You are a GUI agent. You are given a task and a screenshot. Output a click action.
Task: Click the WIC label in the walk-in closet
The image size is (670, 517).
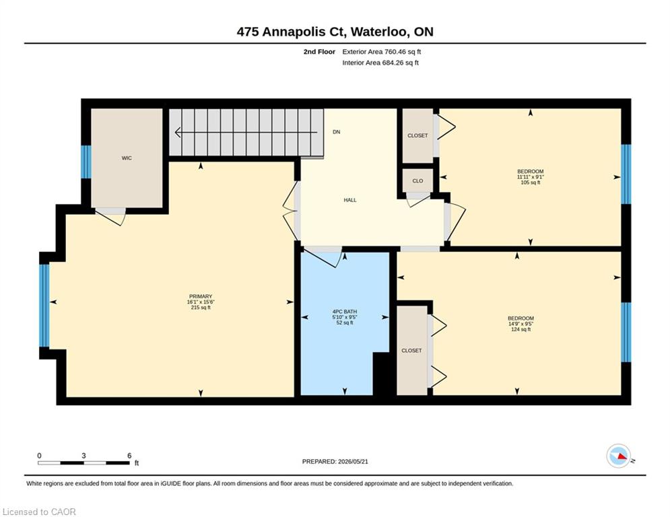click(x=127, y=158)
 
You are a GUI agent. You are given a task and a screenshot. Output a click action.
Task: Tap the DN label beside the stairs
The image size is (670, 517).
click(x=336, y=132)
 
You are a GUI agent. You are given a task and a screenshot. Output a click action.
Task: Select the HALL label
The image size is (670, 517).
click(x=350, y=200)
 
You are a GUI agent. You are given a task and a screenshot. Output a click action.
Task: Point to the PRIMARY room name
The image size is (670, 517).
click(x=201, y=296)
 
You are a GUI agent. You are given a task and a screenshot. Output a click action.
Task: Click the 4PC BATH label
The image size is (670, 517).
click(x=344, y=312)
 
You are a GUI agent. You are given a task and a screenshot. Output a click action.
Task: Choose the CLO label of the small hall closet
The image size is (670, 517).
click(x=417, y=180)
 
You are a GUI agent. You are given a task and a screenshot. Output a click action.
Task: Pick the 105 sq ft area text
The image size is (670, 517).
click(x=530, y=182)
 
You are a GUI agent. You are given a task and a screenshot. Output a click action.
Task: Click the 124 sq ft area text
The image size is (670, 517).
click(x=521, y=329)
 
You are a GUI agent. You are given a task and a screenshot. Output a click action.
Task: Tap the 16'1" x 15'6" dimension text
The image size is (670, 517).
click(x=201, y=302)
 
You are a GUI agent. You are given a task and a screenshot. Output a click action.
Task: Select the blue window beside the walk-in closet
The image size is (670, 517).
click(x=86, y=162)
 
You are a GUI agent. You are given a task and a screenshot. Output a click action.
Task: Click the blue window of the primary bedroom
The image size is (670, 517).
click(x=44, y=306)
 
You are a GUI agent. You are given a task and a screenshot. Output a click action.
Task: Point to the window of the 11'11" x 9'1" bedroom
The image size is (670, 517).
click(x=626, y=174)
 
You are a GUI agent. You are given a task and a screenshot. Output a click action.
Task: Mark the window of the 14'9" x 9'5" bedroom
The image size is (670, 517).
click(x=626, y=332)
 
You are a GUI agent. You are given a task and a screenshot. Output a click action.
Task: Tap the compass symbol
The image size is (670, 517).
click(x=619, y=456)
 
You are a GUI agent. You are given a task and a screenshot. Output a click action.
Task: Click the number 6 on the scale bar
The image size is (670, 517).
click(x=129, y=456)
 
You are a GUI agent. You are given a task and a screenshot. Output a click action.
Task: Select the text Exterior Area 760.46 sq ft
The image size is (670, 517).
click(x=382, y=52)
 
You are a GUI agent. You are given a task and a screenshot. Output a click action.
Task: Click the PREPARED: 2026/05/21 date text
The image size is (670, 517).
click(x=335, y=461)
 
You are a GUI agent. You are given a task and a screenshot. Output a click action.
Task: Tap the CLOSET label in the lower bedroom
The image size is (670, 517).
click(x=411, y=350)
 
